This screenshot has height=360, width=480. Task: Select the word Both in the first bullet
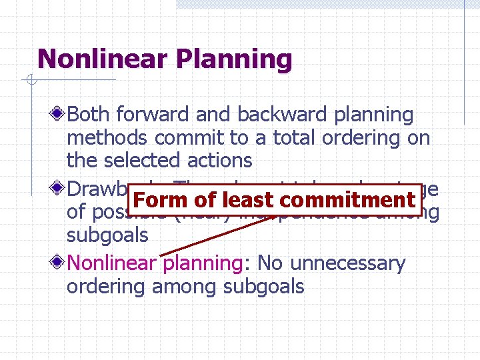pos(89,115)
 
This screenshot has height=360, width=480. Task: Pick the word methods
pos(107,138)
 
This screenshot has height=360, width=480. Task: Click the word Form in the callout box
pos(161,200)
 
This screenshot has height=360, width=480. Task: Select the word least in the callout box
pos(248,200)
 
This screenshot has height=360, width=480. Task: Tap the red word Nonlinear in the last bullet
pos(111,263)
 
